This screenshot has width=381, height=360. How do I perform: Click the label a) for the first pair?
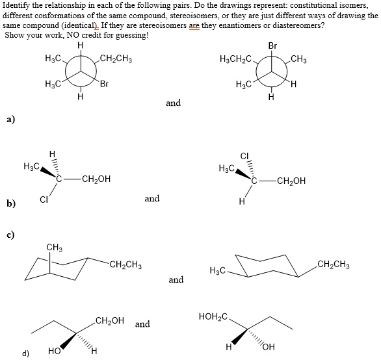(10, 120)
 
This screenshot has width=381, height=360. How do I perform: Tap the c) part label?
(10, 233)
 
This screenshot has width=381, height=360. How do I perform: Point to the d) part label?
(25, 354)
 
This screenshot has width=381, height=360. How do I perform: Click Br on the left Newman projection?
(105, 84)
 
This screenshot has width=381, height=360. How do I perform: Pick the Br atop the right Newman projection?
(272, 47)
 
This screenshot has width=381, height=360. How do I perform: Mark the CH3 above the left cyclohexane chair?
(55, 246)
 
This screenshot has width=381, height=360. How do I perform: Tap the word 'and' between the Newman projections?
(174, 103)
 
